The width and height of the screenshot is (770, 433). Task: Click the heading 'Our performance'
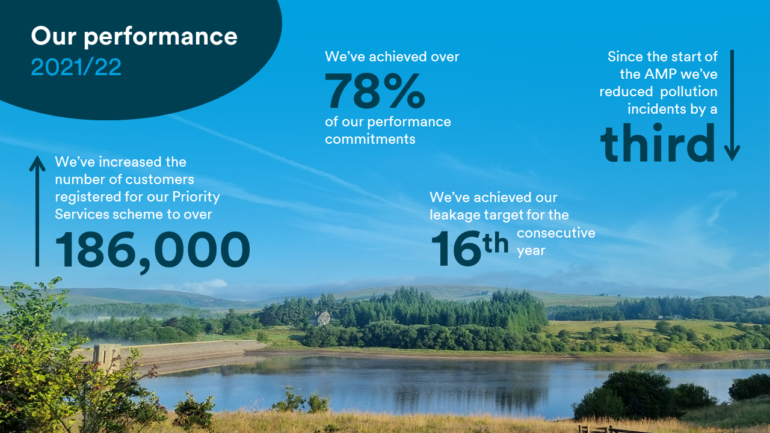(134, 37)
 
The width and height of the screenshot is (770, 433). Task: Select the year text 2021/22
(76, 67)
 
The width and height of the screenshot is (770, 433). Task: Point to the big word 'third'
(658, 143)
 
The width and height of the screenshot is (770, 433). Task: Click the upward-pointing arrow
(37, 210)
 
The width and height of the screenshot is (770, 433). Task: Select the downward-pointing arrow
(731, 105)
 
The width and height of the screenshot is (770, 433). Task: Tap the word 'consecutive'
(556, 233)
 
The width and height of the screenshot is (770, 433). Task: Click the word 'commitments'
(370, 139)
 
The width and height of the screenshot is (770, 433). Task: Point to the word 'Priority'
(196, 197)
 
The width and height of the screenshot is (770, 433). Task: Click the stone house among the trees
(321, 318)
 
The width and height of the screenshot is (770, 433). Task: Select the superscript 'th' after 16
(496, 245)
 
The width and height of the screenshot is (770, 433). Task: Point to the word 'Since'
(625, 57)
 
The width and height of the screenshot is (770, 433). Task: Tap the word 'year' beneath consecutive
(531, 251)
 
